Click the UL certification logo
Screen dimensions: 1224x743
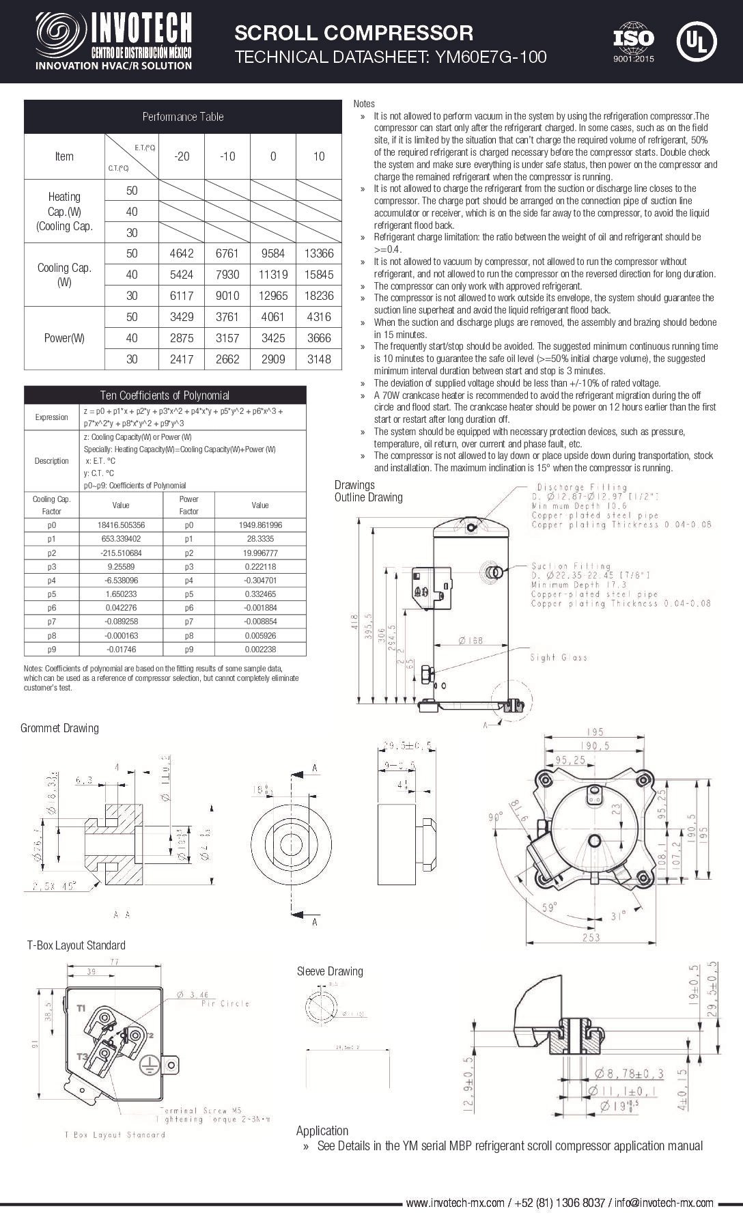696,41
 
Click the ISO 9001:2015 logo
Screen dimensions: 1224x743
633,42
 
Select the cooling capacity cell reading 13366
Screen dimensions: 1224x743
318,253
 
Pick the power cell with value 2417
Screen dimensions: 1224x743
182,359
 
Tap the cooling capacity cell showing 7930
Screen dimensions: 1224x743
227,275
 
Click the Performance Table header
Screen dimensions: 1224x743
182,117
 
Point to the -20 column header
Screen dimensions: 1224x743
182,156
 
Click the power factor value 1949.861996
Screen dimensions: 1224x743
260,525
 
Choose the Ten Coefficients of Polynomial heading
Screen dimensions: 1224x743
165,395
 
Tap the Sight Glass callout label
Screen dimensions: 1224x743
559,657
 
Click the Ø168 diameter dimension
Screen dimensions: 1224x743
470,641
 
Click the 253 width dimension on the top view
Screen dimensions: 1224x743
591,938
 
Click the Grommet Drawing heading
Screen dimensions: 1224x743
59,728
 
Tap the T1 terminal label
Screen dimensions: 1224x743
81,1008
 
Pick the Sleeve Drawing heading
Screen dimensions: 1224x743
330,971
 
